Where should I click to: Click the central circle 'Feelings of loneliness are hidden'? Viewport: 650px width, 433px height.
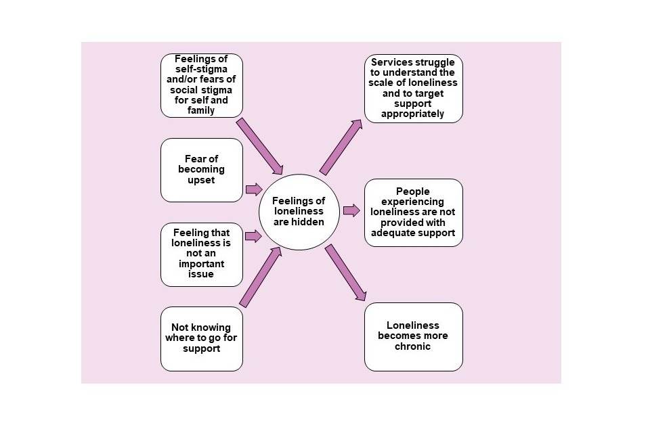299,211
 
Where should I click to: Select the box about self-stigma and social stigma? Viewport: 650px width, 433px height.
201,85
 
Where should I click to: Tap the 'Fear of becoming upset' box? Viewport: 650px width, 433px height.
201,170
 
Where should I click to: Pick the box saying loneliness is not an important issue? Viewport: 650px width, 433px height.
201,254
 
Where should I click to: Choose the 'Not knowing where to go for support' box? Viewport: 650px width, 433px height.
201,338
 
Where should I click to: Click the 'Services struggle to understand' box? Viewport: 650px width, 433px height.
413,89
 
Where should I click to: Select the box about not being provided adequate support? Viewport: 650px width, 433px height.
413,212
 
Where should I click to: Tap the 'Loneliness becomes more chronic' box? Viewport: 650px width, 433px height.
413,336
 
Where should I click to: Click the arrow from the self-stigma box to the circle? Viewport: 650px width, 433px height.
259,146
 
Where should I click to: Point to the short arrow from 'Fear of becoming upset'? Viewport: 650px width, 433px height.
253,189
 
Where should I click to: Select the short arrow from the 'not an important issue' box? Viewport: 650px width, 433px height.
253,236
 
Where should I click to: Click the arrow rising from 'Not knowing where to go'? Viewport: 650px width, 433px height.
260,277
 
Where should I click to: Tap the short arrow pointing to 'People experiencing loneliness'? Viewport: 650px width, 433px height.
351,210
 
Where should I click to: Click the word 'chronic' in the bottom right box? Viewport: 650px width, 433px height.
413,346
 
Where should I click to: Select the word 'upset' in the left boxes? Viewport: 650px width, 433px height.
201,180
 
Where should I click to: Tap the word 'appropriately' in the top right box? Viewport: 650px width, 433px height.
413,114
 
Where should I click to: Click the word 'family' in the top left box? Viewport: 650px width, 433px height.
201,110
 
